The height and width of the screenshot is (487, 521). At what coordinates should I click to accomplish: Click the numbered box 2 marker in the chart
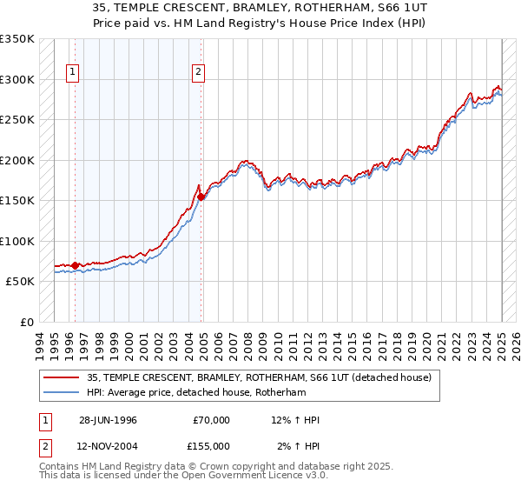199,72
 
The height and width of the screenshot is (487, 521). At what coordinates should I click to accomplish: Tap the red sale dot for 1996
75,265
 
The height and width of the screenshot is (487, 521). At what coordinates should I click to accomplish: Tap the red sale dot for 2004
201,197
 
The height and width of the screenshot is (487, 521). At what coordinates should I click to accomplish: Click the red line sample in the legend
63,377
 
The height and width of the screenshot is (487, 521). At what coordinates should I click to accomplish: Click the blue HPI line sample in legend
63,393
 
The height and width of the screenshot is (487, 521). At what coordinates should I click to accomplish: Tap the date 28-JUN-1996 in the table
108,420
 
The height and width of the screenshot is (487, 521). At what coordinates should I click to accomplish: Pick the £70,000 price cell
211,420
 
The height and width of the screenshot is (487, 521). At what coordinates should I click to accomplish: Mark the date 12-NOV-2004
109,445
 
